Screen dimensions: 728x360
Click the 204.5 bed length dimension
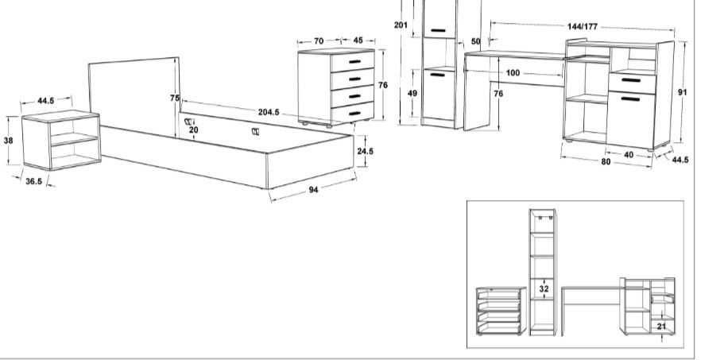269,112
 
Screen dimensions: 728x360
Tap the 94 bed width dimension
314,189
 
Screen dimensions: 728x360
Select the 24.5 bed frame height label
366,151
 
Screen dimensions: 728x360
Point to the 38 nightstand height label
9,140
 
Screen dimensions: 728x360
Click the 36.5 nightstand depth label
34,181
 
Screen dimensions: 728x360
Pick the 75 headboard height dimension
175,98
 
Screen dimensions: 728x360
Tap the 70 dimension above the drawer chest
319,41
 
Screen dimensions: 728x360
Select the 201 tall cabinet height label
401,25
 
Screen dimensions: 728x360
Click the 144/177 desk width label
583,27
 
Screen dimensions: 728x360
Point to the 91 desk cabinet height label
682,92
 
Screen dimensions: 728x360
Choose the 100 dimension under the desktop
513,73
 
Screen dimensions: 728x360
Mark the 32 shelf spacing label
544,289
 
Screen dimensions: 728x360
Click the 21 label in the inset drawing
662,327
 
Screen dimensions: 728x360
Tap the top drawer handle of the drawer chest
354,61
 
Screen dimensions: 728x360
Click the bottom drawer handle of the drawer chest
354,113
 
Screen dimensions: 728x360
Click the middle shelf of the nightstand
74,138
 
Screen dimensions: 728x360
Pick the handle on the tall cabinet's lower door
438,75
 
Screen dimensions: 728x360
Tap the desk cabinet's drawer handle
631,80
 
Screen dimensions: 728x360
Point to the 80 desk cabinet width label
606,162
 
